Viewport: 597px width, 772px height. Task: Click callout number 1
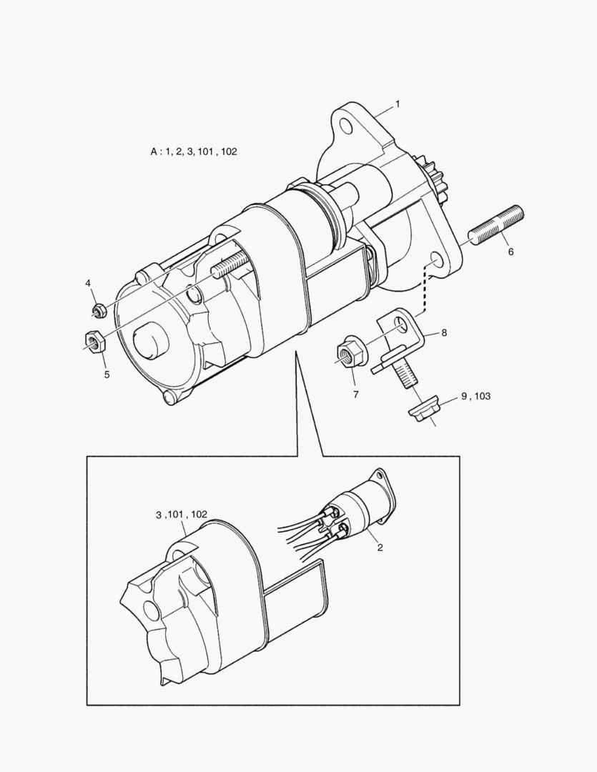click(398, 104)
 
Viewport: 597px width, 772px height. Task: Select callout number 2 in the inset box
click(380, 548)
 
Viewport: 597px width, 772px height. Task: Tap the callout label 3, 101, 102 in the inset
click(182, 514)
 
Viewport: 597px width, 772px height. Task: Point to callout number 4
click(88, 284)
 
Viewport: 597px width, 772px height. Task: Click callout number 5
click(107, 374)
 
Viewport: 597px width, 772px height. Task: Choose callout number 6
click(510, 252)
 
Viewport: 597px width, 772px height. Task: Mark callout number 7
click(355, 394)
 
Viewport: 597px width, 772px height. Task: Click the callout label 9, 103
click(475, 396)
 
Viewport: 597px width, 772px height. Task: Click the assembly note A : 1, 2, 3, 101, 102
click(193, 152)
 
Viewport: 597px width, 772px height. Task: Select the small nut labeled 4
click(99, 310)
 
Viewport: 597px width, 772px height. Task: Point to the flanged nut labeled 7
click(350, 352)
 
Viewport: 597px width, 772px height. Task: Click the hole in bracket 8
click(403, 326)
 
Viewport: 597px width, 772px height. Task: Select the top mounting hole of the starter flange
click(347, 127)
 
